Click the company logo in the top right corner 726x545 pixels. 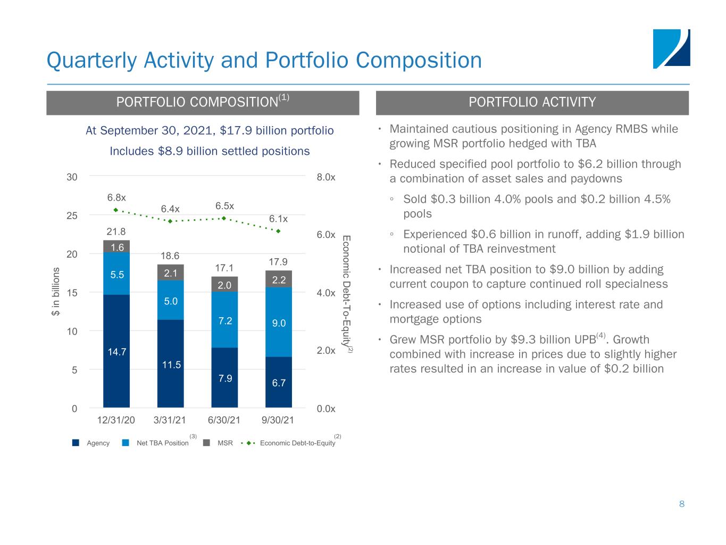coord(671,49)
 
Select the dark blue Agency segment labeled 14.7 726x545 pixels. coord(116,351)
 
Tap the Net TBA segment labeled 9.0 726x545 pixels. coord(279,323)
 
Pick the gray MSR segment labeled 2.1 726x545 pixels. coord(171,272)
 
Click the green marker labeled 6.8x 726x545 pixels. coord(116,210)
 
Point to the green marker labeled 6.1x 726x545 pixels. coord(278,231)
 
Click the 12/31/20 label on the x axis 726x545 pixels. coord(115,420)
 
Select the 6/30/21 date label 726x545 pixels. coord(224,420)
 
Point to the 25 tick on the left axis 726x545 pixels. coord(71,216)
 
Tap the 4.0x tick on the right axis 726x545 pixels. coord(326,293)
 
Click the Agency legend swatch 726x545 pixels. coord(76,443)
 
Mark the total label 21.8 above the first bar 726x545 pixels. coord(116,232)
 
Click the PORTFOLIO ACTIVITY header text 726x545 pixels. coord(532,103)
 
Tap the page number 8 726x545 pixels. coord(681,504)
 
